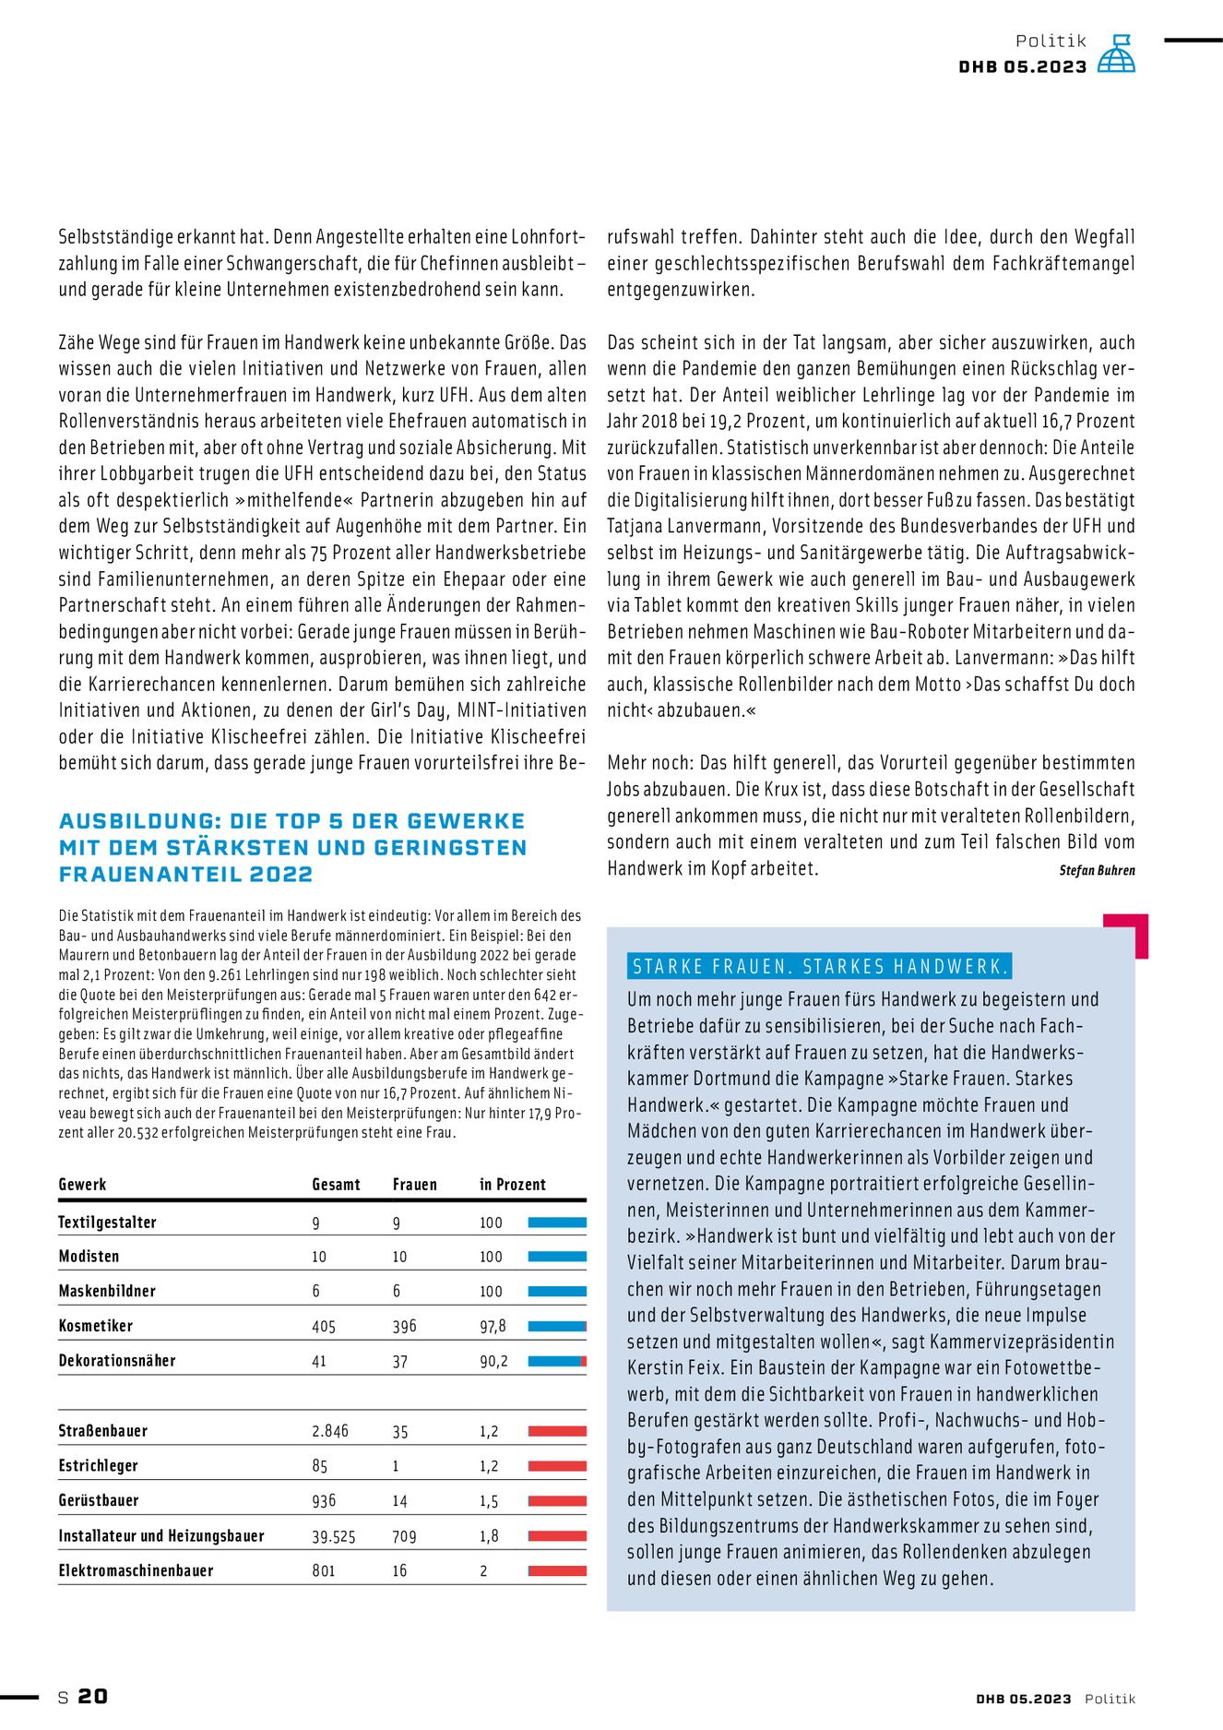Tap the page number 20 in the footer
92,1696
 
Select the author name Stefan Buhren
1097,870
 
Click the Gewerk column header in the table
82,1185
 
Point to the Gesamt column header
336,1185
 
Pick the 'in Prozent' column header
512,1185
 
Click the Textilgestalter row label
107,1223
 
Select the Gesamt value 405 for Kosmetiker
324,1327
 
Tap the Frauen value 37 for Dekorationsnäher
399,1362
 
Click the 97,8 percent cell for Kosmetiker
493,1327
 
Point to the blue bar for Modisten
557,1257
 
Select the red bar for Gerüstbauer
557,1501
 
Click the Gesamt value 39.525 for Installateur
333,1536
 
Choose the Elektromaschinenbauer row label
136,1570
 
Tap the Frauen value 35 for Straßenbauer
399,1432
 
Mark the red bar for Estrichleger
557,1466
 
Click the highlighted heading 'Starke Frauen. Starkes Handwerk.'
819,967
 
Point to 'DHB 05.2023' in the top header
1023,66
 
